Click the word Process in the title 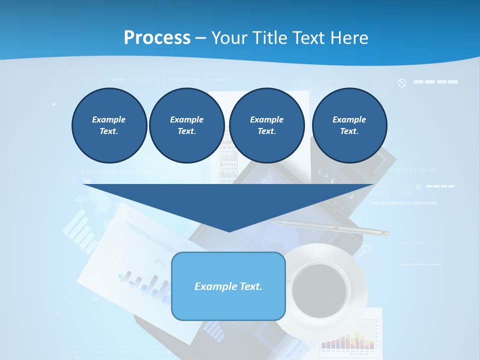(157, 38)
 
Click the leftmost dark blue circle (109, 125)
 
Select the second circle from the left (186, 125)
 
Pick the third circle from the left (266, 125)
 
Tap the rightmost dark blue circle (349, 125)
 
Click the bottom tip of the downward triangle (228, 230)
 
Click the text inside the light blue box (228, 286)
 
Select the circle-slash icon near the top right (402, 83)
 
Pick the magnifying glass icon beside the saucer (366, 248)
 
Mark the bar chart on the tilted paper (145, 285)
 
